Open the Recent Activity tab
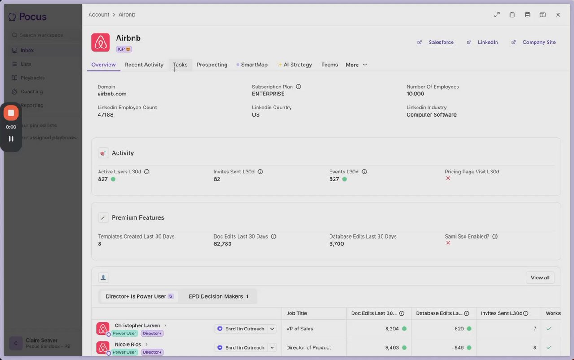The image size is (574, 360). click(144, 65)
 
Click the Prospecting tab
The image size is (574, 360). click(212, 65)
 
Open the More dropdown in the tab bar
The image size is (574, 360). click(357, 65)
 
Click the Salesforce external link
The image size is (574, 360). click(441, 42)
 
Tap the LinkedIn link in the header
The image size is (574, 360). click(487, 42)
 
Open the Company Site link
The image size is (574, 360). click(539, 42)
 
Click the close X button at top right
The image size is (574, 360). click(558, 15)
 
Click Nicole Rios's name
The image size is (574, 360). click(128, 344)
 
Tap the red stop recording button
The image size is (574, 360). click(11, 113)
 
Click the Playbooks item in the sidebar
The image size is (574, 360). click(32, 78)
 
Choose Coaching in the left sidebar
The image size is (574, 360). click(31, 91)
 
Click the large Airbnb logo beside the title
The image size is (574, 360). click(101, 42)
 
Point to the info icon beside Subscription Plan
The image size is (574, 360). click(299, 87)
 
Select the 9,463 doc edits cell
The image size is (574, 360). click(391, 347)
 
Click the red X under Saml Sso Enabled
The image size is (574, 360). click(448, 243)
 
